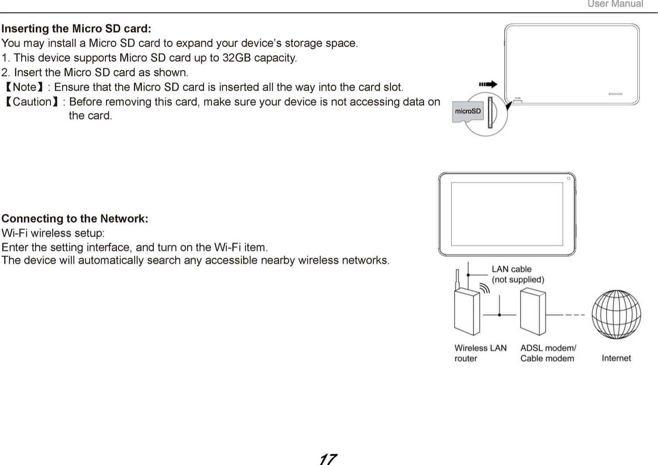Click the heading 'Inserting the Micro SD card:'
click(76, 29)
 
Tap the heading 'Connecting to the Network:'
click(75, 219)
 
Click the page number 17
click(327, 459)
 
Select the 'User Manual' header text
click(615, 4)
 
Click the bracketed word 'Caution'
click(32, 102)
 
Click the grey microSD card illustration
click(467, 111)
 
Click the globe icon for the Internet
click(616, 314)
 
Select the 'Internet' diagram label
click(616, 358)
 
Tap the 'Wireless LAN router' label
click(480, 353)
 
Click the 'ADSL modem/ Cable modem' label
click(548, 353)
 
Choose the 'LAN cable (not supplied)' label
click(517, 274)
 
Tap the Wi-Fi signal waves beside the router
click(485, 288)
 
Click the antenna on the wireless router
click(458, 280)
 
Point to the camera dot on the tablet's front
click(568, 179)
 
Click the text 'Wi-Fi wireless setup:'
click(53, 233)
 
